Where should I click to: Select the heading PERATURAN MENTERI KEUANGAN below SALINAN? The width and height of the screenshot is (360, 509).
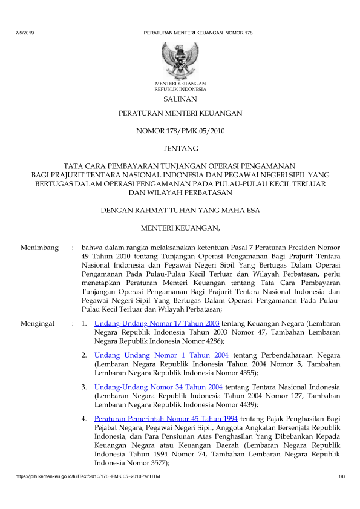(180, 113)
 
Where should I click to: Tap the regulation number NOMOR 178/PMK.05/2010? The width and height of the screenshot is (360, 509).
(180, 130)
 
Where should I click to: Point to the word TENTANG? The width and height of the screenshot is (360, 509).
(180, 147)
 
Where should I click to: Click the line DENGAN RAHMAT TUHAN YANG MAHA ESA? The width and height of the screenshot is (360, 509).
(180, 210)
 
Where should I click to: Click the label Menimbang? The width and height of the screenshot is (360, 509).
(39, 248)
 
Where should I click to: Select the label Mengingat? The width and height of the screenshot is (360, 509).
(38, 323)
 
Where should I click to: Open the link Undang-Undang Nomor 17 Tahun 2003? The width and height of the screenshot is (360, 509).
(157, 323)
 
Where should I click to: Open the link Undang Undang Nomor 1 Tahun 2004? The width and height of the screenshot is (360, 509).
(162, 354)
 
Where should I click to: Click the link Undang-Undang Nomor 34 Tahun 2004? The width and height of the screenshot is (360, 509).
(157, 386)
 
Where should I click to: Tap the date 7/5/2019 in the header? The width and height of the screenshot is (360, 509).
(25, 31)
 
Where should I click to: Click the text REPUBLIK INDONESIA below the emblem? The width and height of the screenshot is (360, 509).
(180, 88)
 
